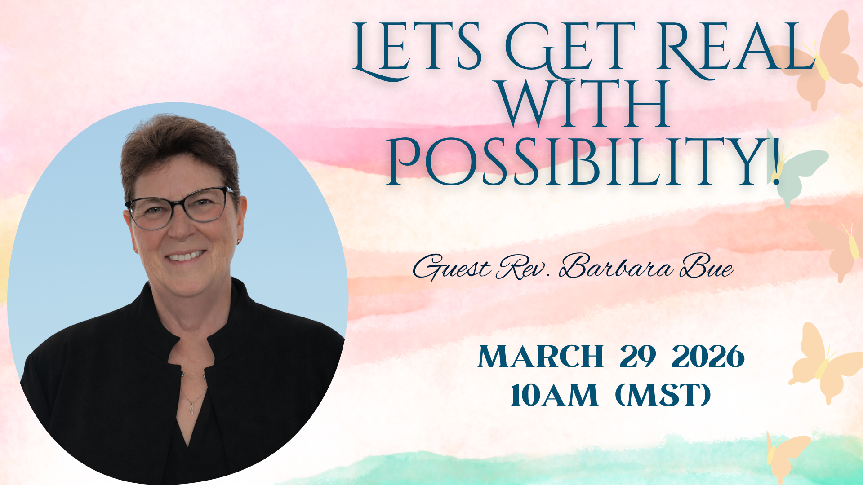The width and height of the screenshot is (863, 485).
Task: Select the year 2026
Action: tap(708, 357)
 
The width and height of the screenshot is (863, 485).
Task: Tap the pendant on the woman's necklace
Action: tap(191, 408)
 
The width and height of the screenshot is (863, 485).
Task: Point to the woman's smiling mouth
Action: tap(185, 257)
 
